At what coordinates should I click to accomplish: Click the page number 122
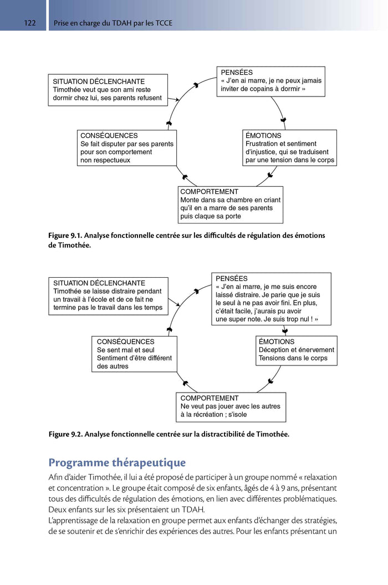click(30, 23)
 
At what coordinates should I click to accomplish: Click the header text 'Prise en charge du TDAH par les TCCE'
click(114, 23)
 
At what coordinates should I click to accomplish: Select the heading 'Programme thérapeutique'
click(117, 462)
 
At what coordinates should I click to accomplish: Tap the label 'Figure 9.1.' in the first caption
click(65, 236)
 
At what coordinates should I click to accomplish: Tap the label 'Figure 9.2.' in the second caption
click(66, 434)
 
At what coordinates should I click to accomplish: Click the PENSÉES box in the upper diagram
click(270, 81)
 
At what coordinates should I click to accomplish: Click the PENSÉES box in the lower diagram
click(271, 299)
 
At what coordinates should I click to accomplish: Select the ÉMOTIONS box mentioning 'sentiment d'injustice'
click(289, 147)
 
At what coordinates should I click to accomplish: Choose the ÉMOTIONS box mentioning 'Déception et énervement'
click(296, 350)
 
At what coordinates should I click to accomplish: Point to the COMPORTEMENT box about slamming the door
click(230, 204)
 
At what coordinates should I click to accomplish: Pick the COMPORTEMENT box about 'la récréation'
click(231, 407)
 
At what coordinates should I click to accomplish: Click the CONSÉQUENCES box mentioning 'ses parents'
click(126, 147)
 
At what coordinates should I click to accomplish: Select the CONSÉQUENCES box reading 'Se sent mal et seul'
click(134, 354)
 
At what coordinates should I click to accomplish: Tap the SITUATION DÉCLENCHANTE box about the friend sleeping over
click(108, 90)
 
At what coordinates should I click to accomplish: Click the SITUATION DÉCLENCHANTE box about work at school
click(108, 296)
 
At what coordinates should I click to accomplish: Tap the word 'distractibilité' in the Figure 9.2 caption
click(221, 434)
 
